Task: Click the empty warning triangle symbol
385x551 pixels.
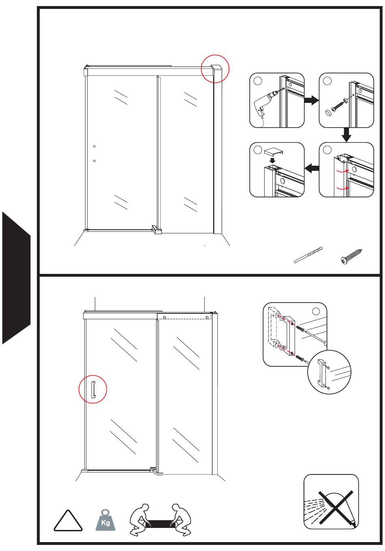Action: tap(68, 521)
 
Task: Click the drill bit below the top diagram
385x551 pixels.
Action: tap(308, 255)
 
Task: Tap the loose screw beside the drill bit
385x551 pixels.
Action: tap(351, 256)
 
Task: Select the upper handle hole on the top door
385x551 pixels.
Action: tap(94, 146)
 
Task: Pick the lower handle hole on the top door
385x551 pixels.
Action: tap(94, 161)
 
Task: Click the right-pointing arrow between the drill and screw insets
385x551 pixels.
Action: tap(311, 100)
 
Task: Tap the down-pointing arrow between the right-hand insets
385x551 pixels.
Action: tap(346, 135)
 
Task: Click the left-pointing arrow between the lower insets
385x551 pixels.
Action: tap(312, 169)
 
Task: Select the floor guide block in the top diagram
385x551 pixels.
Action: tap(157, 229)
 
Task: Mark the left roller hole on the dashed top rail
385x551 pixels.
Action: tap(165, 318)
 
